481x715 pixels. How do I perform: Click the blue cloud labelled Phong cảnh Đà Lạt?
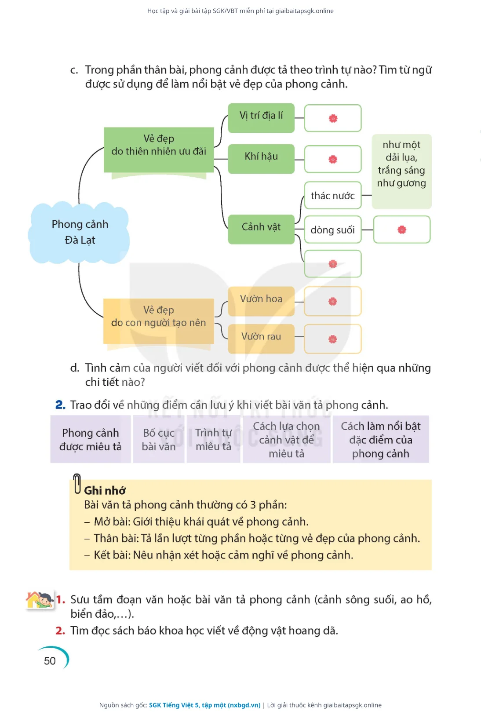[x=79, y=232]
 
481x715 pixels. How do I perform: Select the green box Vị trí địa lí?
[x=261, y=118]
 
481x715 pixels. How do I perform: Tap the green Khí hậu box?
[x=261, y=159]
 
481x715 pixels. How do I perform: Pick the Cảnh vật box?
[x=261, y=229]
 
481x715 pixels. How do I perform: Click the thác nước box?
[x=333, y=195]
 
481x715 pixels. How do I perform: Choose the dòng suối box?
[x=333, y=230]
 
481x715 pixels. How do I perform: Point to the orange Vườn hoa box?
[x=261, y=301]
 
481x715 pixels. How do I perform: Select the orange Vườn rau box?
[x=261, y=339]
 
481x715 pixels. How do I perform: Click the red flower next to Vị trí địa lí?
[x=333, y=118]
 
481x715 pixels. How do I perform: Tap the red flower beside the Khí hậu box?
[x=333, y=159]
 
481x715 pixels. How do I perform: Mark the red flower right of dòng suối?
[x=402, y=230]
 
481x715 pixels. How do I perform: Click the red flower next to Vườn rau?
[x=332, y=339]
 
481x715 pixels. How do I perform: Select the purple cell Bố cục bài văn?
[x=159, y=439]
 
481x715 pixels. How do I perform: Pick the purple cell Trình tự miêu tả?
[x=213, y=439]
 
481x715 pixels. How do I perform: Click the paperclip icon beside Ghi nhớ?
[x=77, y=484]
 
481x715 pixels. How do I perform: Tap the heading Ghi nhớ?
[x=105, y=491]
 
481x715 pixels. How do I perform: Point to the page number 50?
[x=50, y=660]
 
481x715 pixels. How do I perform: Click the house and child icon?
[x=40, y=600]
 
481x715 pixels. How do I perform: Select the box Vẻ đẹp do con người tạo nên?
[x=159, y=321]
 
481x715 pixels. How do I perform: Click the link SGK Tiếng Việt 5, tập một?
[x=204, y=705]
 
